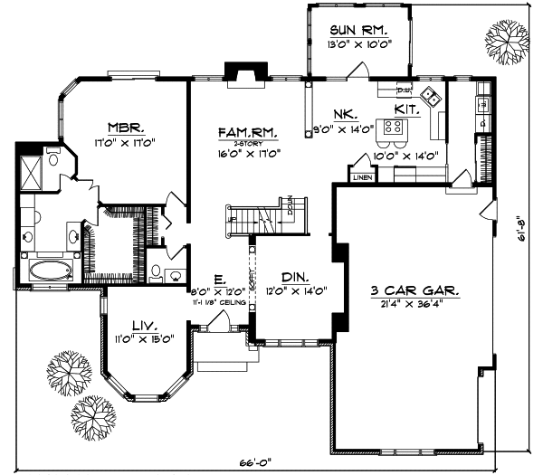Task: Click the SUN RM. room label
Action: pos(355,31)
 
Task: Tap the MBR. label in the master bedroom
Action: pos(122,128)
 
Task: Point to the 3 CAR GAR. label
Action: pos(414,291)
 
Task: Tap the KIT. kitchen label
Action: pos(405,109)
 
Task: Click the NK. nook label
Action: pos(345,115)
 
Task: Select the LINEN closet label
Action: pos(362,178)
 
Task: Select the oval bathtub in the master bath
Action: pos(45,270)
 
